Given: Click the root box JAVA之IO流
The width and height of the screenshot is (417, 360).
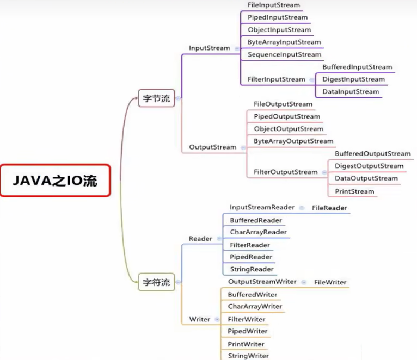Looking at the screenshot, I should [x=55, y=181].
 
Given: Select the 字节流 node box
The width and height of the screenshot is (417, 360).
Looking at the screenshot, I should [x=156, y=98].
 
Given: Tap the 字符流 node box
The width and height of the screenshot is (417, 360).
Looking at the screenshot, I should [x=156, y=282].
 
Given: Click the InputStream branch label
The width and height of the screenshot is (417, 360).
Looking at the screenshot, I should [x=210, y=48].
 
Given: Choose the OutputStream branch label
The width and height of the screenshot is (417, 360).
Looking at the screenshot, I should [x=213, y=147].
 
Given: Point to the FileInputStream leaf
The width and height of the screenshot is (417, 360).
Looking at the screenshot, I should [x=273, y=5].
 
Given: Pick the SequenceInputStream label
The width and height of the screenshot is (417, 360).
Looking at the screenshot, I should [x=284, y=54].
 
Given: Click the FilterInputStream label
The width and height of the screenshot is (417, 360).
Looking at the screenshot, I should [x=276, y=79].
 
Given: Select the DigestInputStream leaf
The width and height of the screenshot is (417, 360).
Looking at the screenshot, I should [x=353, y=79].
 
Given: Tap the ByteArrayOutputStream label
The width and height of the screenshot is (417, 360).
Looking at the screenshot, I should [x=293, y=141].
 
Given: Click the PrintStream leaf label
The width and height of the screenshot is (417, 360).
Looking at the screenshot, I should [x=354, y=191].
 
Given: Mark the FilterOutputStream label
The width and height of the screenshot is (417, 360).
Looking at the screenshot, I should [x=286, y=172].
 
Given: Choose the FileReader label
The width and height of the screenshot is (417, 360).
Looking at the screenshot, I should [x=329, y=208].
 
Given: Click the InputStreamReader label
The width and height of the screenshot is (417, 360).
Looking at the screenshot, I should [x=262, y=208].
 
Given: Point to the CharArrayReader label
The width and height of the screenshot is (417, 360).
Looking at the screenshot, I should [x=258, y=232].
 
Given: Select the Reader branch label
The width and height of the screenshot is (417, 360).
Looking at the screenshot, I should [x=200, y=239].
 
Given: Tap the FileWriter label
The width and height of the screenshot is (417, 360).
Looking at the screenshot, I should [x=330, y=282].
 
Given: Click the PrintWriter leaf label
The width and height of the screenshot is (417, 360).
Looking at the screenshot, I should [x=246, y=344].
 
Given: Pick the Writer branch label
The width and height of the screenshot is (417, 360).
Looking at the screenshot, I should [x=199, y=319].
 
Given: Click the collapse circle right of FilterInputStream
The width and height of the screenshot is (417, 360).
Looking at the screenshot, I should [x=312, y=79].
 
